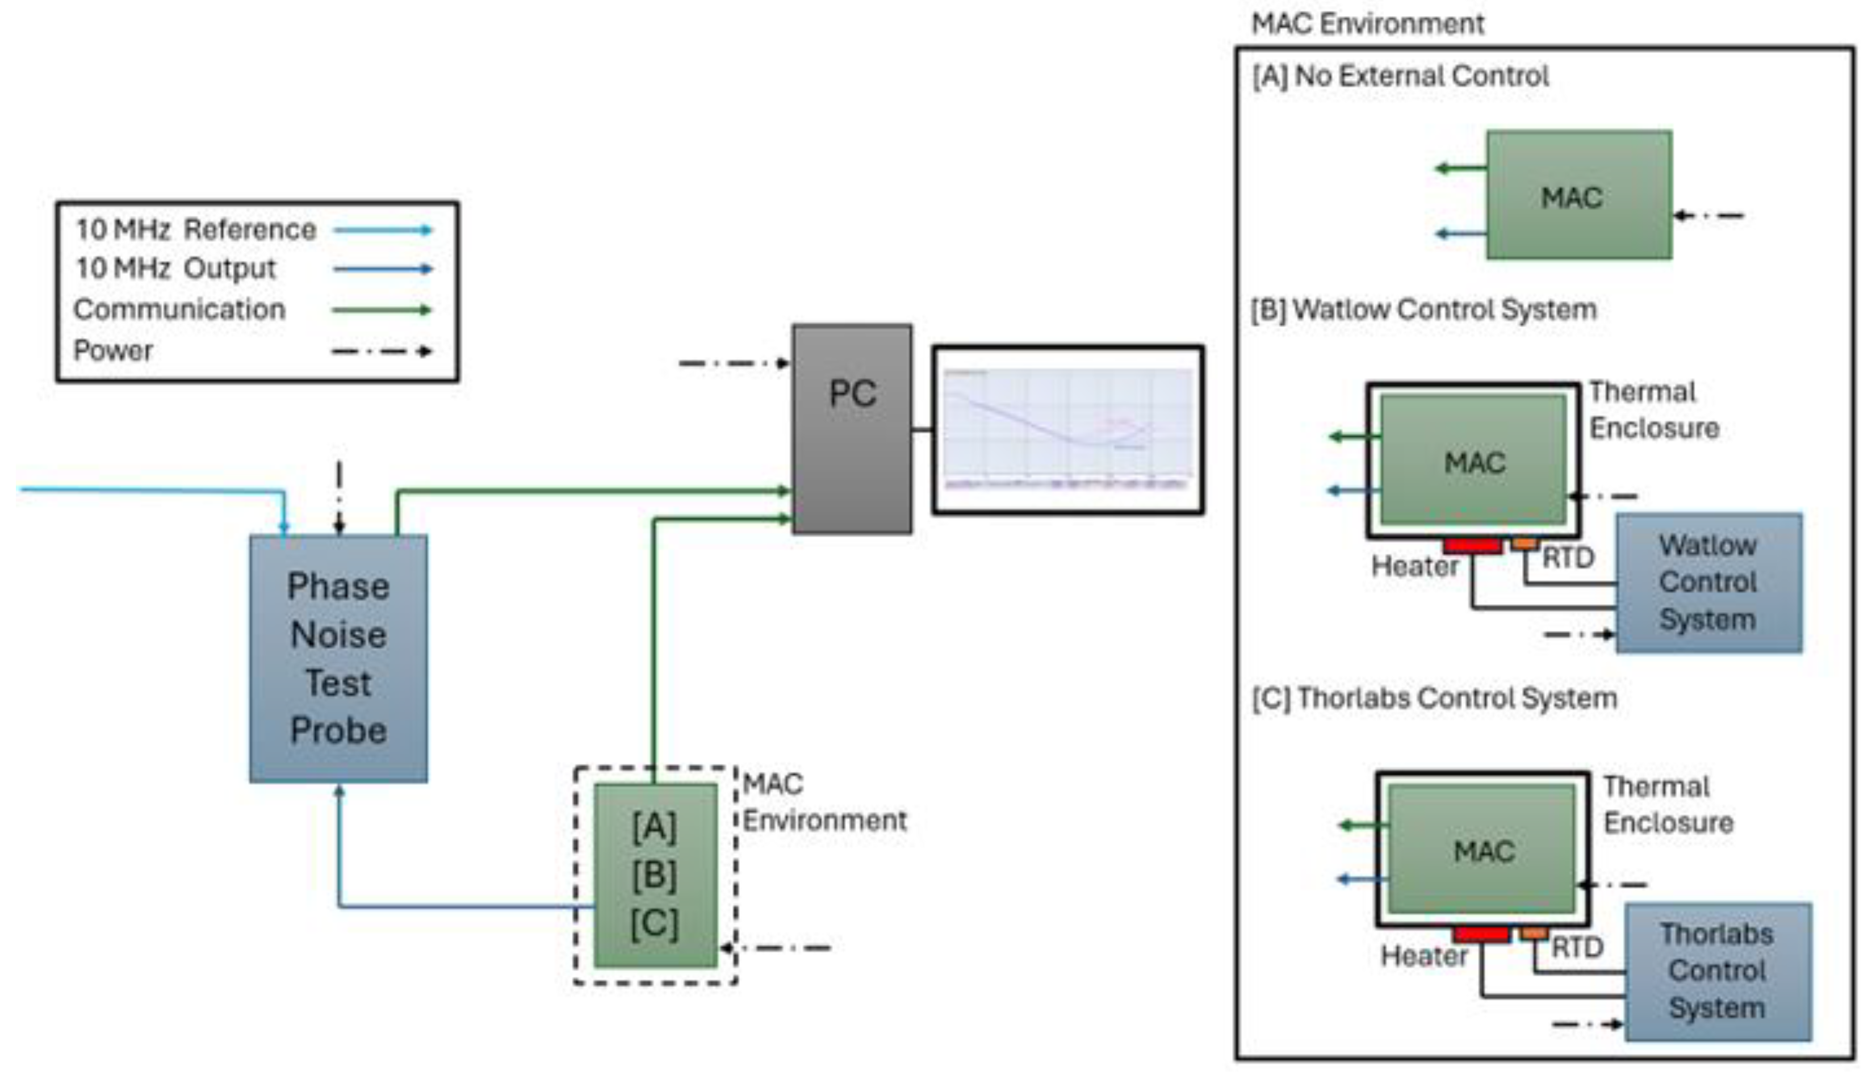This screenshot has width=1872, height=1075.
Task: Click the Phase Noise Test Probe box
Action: pos(338,658)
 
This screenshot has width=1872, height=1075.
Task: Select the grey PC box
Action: pos(852,428)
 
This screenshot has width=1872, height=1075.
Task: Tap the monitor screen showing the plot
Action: pos(1067,430)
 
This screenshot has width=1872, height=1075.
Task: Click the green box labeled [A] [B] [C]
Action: pos(655,875)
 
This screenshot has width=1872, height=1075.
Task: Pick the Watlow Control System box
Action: pos(1708,583)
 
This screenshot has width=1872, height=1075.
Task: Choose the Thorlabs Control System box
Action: pos(1718,971)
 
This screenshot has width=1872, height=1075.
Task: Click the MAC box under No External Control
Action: pos(1578,195)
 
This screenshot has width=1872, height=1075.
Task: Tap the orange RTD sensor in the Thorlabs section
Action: pos(1534,933)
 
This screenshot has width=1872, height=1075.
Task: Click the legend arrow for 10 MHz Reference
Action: pos(382,231)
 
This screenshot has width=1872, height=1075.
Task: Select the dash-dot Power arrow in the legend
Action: pos(382,352)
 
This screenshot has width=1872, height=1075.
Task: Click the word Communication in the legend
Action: pos(179,309)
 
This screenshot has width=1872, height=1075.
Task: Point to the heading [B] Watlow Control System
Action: pos(1423,309)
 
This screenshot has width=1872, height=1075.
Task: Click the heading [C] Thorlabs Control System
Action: pos(1434,698)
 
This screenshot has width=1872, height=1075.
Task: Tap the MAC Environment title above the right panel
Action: pos(1367,24)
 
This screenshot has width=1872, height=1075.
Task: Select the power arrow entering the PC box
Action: pos(733,363)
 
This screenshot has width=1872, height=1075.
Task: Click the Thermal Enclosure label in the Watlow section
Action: pos(1653,410)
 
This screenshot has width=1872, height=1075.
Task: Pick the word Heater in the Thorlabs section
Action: pos(1424,956)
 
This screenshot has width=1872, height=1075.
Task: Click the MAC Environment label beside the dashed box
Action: pos(824,802)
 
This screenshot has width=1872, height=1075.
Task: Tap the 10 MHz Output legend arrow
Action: pos(382,269)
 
